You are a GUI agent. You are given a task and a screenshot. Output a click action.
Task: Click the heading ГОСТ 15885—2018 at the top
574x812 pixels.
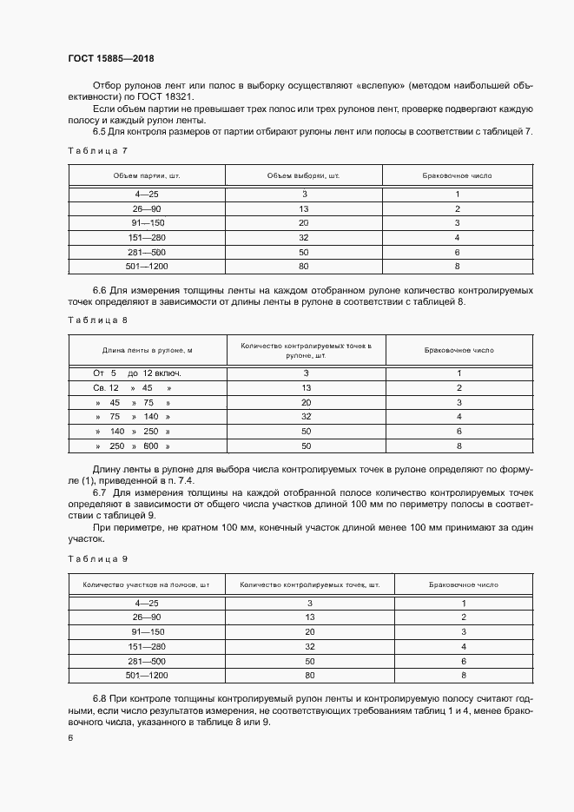click(109, 57)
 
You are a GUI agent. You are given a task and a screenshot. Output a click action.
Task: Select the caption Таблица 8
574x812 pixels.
click(97, 320)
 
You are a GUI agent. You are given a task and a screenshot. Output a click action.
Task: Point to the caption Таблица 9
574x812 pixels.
click(97, 558)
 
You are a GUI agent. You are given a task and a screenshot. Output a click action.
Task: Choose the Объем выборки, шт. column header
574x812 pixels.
click(304, 175)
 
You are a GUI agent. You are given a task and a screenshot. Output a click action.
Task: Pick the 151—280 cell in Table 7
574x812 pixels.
click(147, 237)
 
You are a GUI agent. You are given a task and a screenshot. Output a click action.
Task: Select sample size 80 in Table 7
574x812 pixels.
click(304, 265)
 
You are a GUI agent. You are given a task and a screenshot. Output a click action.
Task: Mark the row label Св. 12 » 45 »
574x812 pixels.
click(132, 387)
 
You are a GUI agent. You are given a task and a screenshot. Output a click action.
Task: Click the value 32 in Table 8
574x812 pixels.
click(306, 417)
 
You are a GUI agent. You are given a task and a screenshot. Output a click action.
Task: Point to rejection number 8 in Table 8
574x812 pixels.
click(459, 446)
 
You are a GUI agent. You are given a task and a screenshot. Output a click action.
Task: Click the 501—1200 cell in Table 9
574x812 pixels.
click(147, 675)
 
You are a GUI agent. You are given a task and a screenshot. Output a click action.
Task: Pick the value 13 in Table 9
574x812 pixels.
click(309, 617)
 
